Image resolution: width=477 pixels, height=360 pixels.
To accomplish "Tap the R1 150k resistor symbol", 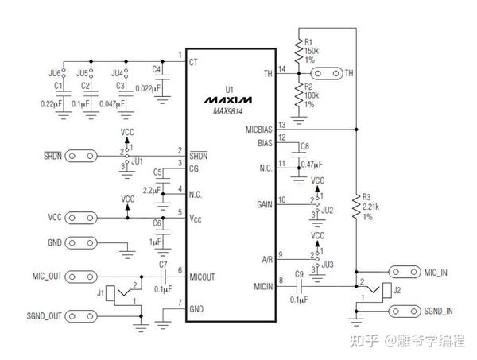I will pos(300,52).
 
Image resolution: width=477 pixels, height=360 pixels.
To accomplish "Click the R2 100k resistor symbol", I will pos(300,94).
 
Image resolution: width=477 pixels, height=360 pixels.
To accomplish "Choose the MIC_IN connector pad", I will pos(402,273).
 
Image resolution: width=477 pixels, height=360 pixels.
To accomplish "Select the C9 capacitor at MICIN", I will pos(300,286).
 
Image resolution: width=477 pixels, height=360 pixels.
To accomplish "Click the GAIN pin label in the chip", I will pos(263,203).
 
